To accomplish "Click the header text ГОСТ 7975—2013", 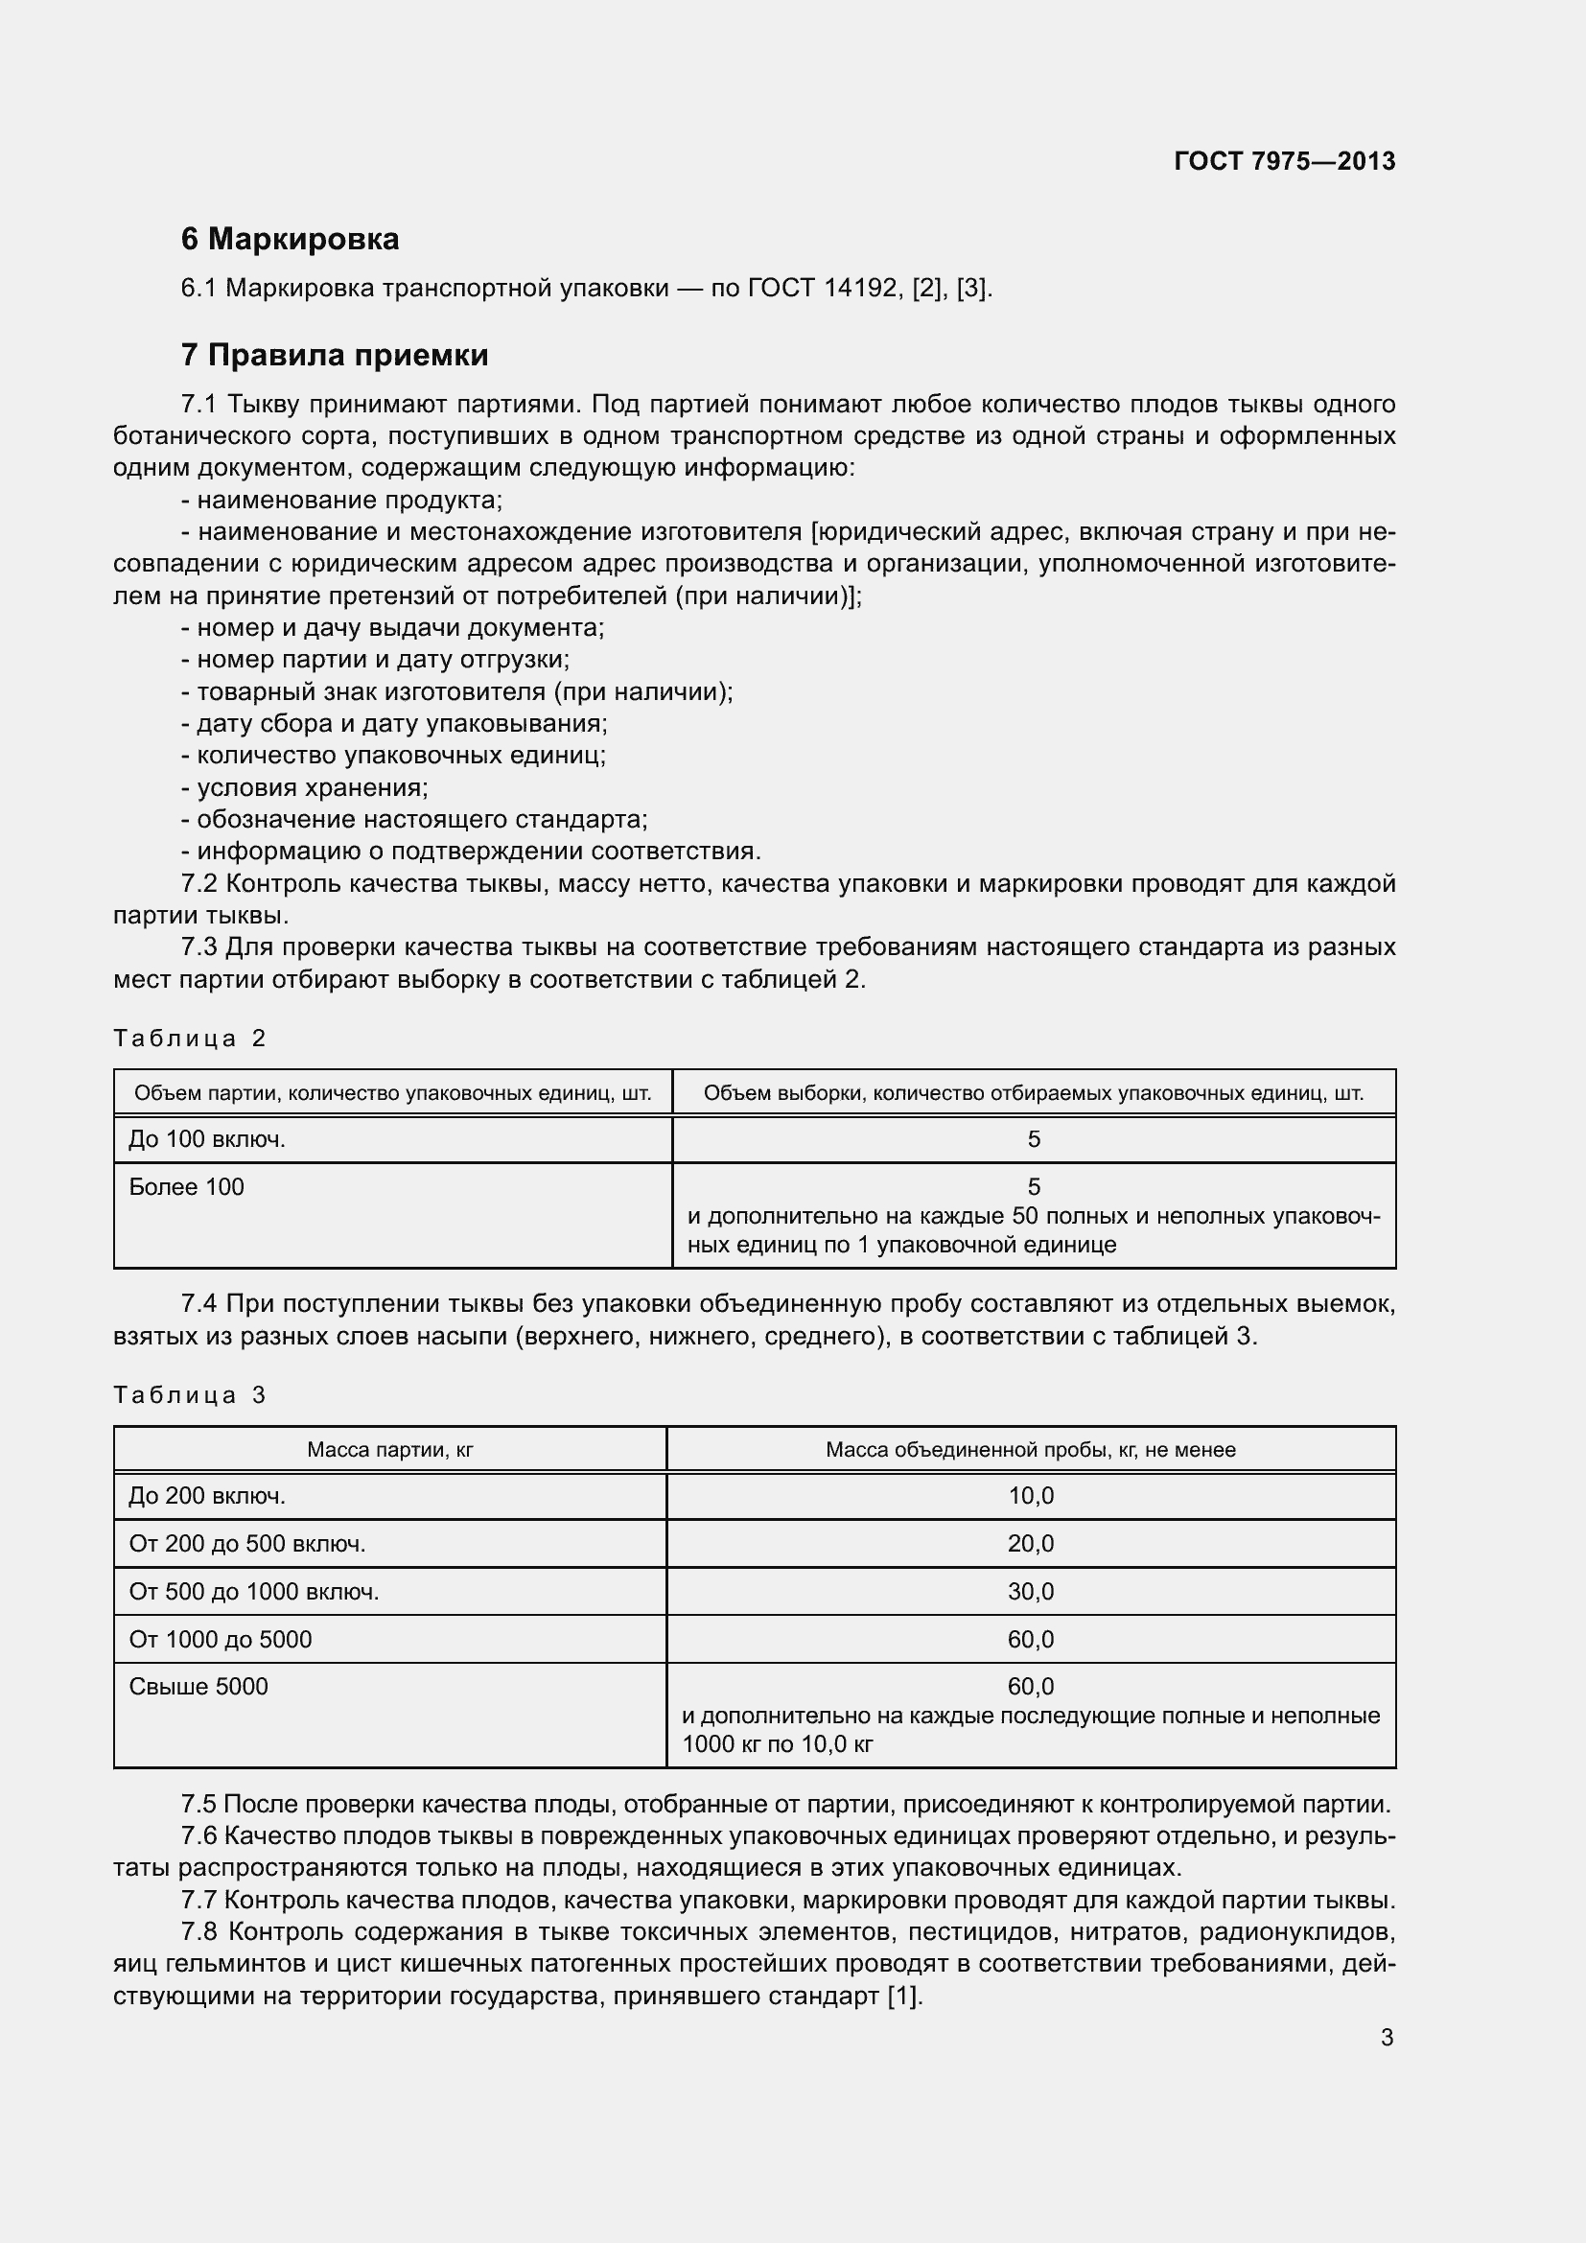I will click(x=1284, y=161).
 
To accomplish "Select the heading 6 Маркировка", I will click(x=290, y=239).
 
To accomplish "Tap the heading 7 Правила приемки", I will click(x=334, y=355).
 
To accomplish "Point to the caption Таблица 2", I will click(x=190, y=1038).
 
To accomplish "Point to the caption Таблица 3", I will click(x=190, y=1395).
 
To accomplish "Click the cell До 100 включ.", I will click(x=207, y=1139).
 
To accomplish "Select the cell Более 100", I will click(x=187, y=1187).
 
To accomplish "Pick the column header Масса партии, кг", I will click(x=389, y=1450).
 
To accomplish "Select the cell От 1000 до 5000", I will click(x=221, y=1639).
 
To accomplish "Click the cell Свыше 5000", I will click(x=198, y=1686).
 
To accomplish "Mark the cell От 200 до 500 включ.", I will click(x=247, y=1544).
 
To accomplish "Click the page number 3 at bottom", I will click(x=1387, y=2038).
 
